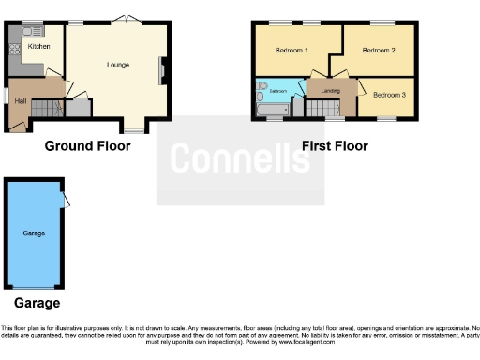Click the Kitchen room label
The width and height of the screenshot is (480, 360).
(38, 46)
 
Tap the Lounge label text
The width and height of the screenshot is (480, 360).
(117, 65)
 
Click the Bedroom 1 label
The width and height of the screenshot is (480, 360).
(292, 49)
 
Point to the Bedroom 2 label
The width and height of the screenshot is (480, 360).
(379, 50)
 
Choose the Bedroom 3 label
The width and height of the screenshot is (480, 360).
(389, 95)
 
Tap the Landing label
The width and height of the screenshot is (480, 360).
(330, 91)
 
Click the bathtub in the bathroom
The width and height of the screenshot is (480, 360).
(273, 111)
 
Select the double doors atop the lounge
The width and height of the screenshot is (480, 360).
(122, 18)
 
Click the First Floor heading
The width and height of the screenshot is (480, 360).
(335, 145)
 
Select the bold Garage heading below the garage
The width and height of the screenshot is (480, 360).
(37, 303)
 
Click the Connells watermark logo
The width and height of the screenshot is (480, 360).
(240, 159)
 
